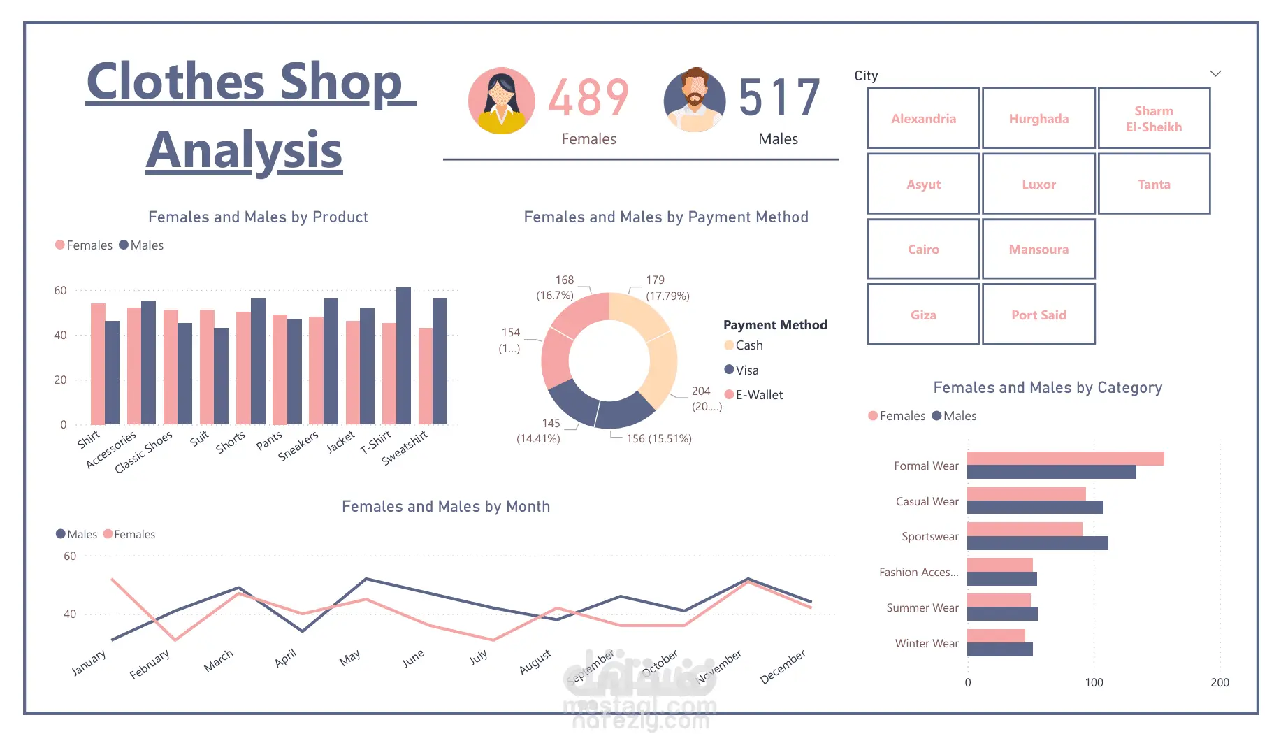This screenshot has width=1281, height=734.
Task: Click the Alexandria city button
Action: [x=923, y=118]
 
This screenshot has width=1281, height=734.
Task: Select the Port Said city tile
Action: [x=1038, y=315]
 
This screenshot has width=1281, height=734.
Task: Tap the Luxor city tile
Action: [x=1038, y=184]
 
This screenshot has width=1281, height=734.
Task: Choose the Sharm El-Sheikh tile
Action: [x=1154, y=118]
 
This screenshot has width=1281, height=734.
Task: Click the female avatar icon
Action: [x=501, y=101]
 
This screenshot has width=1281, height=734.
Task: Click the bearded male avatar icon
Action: [x=694, y=101]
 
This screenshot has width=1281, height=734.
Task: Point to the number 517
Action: [x=779, y=98]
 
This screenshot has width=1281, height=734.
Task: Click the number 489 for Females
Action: [x=588, y=98]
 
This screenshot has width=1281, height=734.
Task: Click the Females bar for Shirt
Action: [x=98, y=364]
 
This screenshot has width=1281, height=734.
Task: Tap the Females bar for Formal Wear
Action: [x=1065, y=459]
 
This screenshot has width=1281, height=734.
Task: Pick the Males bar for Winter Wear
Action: [x=999, y=649]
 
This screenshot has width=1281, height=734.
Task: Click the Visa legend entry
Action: [x=746, y=370]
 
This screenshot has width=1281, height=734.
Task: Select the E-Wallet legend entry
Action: [x=758, y=395]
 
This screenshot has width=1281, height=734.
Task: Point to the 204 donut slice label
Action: [x=701, y=391]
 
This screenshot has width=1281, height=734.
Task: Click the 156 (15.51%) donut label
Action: [x=658, y=438]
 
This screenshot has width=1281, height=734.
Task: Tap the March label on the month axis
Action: [x=218, y=661]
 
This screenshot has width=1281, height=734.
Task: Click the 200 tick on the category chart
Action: [x=1220, y=682]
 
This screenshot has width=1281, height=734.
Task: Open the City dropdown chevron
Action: [x=1215, y=73]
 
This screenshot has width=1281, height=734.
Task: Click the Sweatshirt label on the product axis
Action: [x=405, y=448]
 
